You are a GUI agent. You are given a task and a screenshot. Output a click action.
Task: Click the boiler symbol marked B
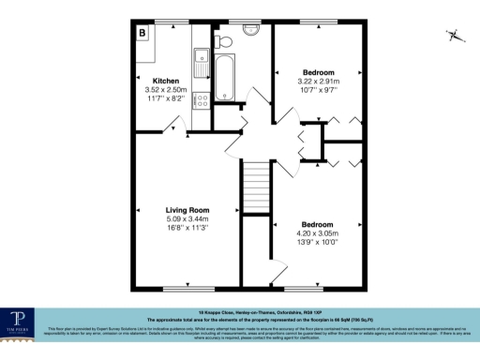[143, 34]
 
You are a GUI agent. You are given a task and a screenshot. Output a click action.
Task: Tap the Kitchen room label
[153, 82]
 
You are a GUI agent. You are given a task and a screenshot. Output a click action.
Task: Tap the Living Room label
[187, 210]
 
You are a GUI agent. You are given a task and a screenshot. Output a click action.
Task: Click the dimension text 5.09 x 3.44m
[187, 219]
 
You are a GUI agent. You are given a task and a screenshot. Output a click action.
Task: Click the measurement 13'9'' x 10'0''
[317, 242]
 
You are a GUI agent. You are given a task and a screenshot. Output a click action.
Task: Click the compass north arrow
[454, 36]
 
